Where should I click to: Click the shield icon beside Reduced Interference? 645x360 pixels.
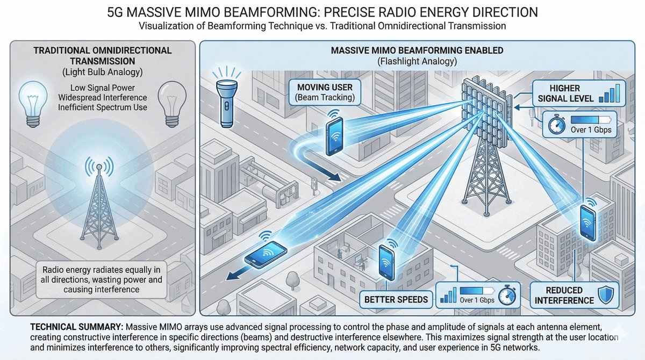[606, 295]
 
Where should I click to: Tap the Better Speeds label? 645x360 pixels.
[397, 299]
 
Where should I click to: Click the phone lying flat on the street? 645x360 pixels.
[266, 254]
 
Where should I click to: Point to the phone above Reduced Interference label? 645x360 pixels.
[587, 222]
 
